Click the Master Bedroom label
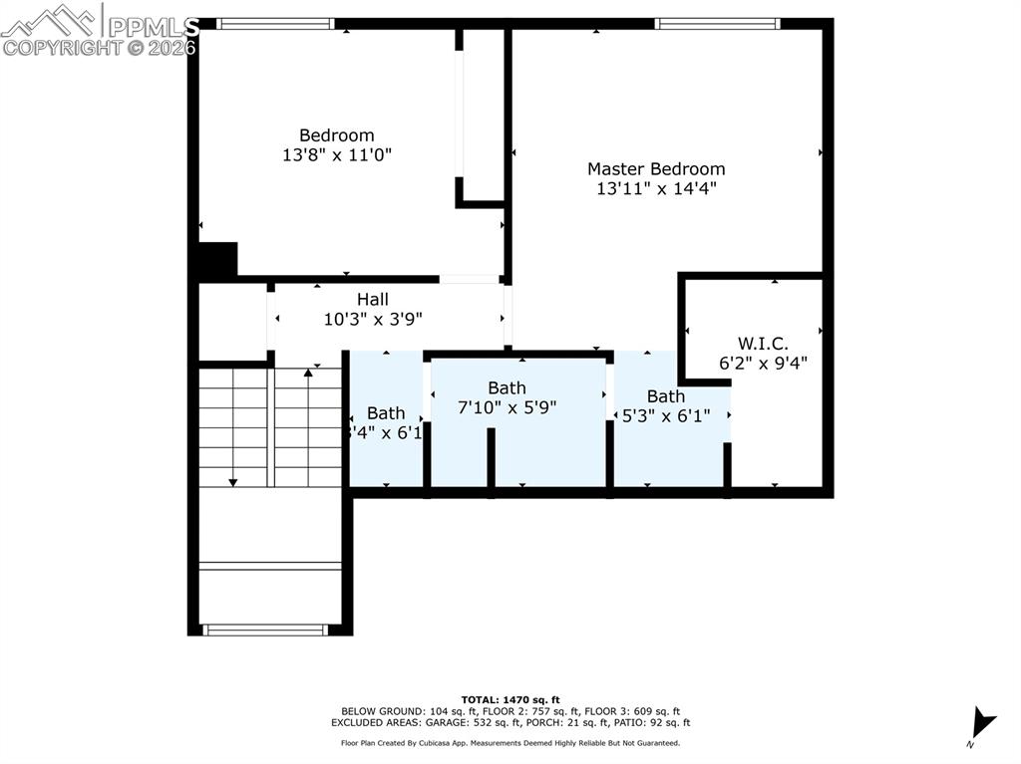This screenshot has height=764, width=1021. (655, 169)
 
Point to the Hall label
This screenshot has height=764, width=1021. (373, 299)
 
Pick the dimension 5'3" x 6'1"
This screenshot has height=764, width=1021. (666, 415)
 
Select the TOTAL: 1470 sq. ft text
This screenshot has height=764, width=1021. (510, 699)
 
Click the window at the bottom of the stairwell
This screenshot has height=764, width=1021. (265, 630)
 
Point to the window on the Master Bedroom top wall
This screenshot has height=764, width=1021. (717, 23)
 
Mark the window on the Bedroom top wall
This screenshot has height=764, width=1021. (275, 23)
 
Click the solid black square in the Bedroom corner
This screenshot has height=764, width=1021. (217, 260)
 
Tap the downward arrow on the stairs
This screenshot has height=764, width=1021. (233, 482)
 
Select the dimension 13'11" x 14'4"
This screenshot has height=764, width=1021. (655, 187)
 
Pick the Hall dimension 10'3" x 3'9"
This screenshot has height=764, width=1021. (373, 319)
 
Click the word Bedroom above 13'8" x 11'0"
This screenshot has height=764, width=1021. (337, 135)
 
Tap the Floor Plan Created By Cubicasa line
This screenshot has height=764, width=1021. (510, 743)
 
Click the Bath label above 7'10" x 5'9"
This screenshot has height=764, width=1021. (507, 387)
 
